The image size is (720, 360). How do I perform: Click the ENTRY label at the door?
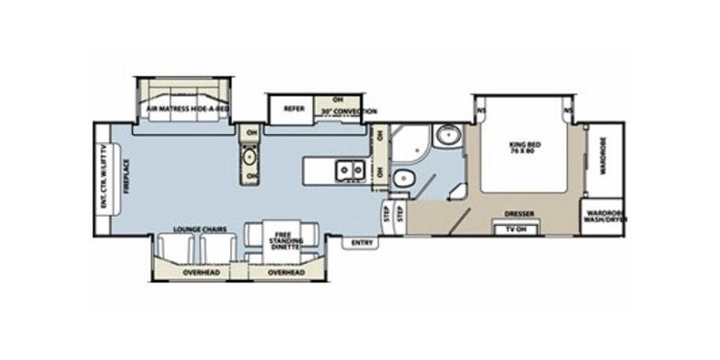(x=362, y=241)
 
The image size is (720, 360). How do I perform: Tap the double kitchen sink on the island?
(x=349, y=167)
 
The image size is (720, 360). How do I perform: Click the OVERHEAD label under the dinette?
(x=287, y=272)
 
